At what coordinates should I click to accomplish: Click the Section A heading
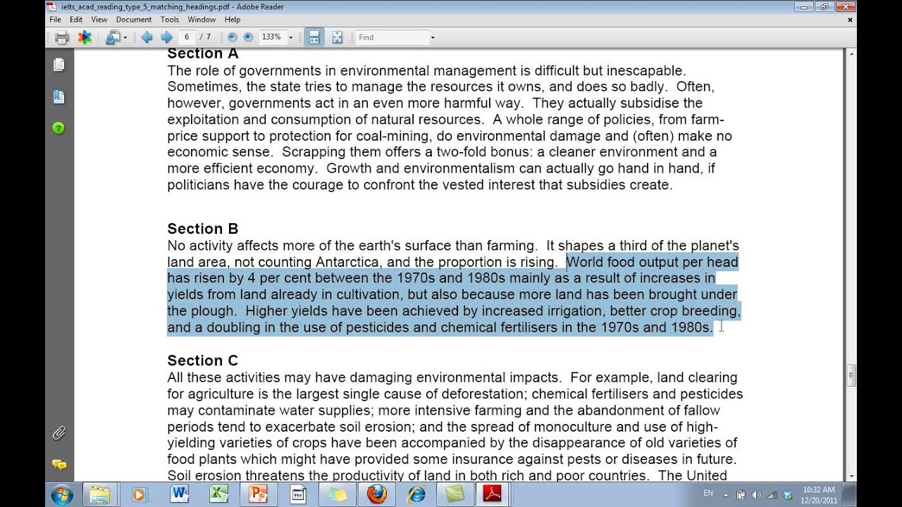pos(202,54)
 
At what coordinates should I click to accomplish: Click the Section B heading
pos(202,229)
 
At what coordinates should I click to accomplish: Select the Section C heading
pos(202,361)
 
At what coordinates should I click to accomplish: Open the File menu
pos(55,20)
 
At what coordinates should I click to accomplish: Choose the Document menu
pos(133,20)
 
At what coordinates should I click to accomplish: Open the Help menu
pos(232,20)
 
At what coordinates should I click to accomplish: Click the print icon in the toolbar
pos(62,37)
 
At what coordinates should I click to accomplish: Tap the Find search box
pos(392,37)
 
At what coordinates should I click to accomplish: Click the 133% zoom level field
pos(271,37)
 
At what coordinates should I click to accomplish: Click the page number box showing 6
pos(187,37)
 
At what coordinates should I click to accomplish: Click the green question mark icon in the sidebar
pos(59,128)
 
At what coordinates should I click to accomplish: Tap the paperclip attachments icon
pos(59,433)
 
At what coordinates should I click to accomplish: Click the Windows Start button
pos(62,494)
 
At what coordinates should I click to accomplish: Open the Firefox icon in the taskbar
pos(377,494)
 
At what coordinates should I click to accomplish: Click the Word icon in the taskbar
pos(179,494)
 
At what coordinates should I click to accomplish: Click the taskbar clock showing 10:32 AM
pos(818,494)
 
